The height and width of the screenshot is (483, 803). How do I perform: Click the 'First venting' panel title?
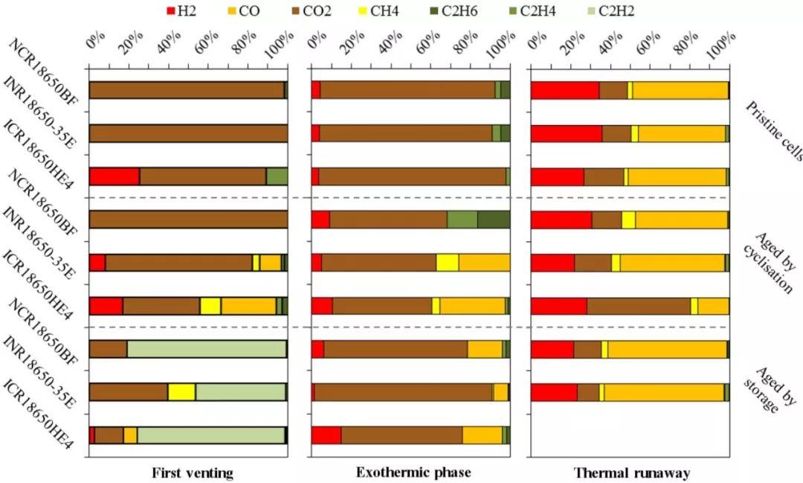(193, 473)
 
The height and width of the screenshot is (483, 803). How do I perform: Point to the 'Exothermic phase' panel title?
(413, 473)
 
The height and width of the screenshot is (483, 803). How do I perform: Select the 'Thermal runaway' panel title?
(632, 473)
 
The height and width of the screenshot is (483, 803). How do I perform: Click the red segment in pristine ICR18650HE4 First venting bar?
(115, 176)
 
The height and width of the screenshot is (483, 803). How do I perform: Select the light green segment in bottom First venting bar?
(210, 435)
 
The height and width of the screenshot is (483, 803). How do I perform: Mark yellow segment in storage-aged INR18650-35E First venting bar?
(181, 392)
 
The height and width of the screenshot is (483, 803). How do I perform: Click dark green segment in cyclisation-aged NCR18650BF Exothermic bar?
(493, 220)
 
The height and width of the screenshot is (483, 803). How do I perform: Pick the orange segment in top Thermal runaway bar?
(680, 90)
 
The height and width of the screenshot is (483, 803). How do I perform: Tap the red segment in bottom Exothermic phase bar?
(326, 435)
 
